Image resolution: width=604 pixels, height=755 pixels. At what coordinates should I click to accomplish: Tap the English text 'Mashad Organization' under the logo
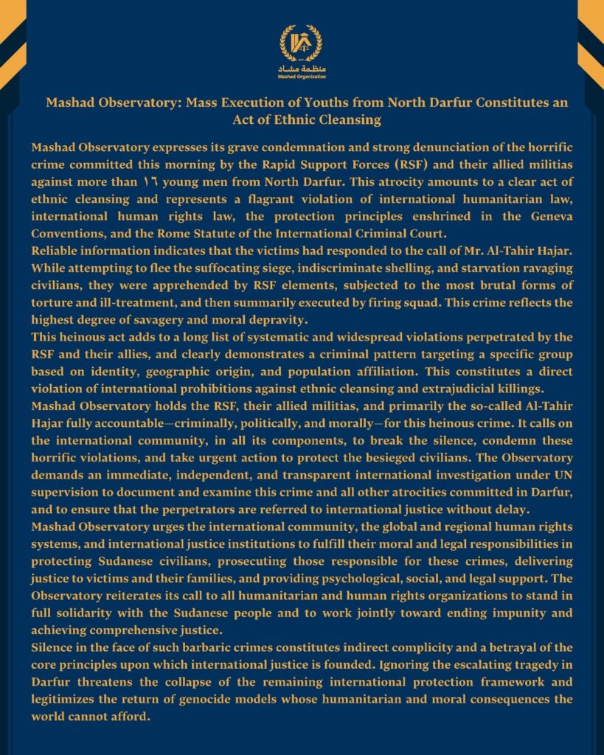(302, 76)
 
